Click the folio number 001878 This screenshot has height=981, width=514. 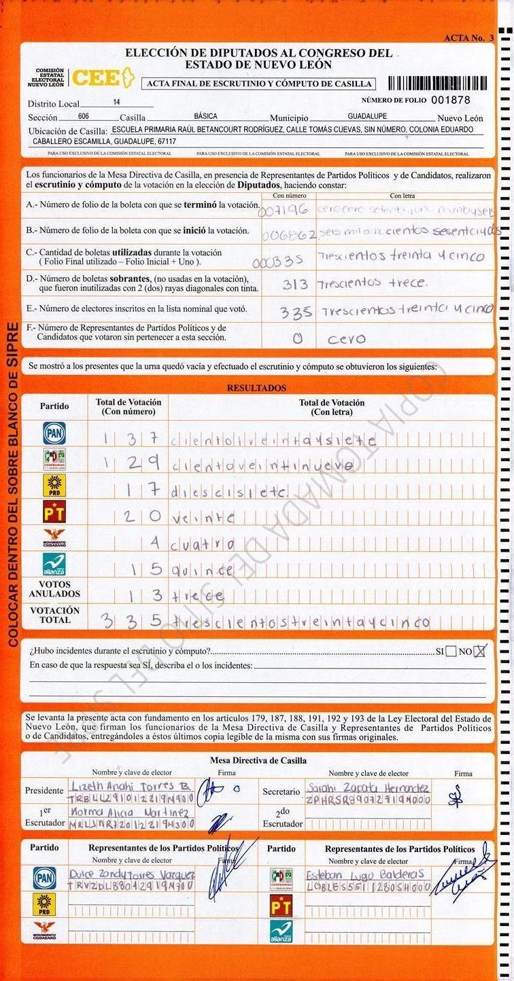pyautogui.click(x=450, y=100)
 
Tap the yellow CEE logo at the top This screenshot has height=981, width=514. pyautogui.click(x=103, y=78)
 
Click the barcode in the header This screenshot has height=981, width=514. pyautogui.click(x=437, y=83)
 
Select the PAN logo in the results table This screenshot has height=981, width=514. pyautogui.click(x=54, y=433)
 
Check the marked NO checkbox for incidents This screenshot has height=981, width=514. pyautogui.click(x=480, y=651)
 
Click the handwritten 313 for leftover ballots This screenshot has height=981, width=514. pyautogui.click(x=295, y=284)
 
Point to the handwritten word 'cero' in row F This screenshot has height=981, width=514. pyautogui.click(x=346, y=338)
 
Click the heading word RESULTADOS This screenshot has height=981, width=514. pyautogui.click(x=256, y=388)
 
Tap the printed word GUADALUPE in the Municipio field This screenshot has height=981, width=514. pyautogui.click(x=367, y=116)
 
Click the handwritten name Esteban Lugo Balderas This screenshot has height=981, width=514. pyautogui.click(x=356, y=874)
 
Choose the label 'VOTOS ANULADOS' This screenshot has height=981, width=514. pyautogui.click(x=54, y=589)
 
